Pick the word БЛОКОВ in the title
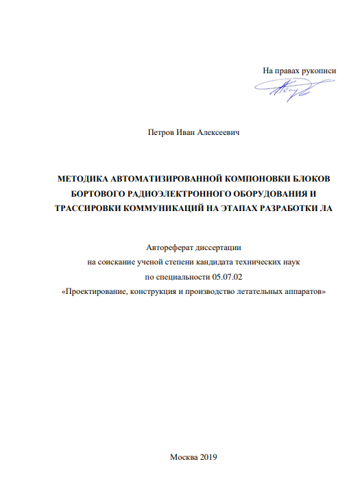point(310,177)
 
